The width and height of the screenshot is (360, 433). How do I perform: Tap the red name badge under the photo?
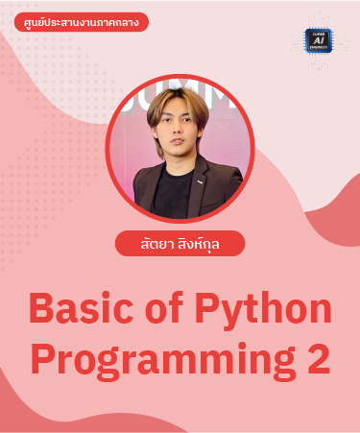[x=180, y=244]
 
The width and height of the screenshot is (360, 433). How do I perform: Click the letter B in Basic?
[x=42, y=310]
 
